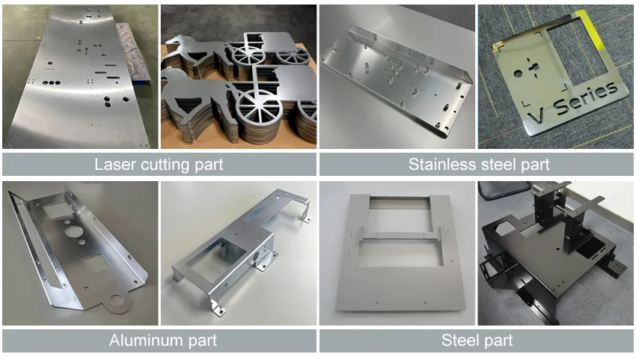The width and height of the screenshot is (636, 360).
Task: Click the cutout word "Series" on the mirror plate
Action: (585, 99)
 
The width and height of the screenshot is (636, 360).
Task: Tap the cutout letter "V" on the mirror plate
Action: (536, 117)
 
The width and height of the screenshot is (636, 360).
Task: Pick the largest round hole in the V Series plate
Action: (518, 74)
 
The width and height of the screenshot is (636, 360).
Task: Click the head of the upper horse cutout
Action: (174, 41)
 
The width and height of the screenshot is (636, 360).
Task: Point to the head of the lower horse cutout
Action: (170, 76)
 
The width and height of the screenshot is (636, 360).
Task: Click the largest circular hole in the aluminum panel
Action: (74, 232)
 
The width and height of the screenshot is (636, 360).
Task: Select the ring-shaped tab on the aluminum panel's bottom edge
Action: (117, 301)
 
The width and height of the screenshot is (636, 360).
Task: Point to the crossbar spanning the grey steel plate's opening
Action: (399, 234)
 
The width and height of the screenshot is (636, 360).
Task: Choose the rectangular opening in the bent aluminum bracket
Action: (216, 258)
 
